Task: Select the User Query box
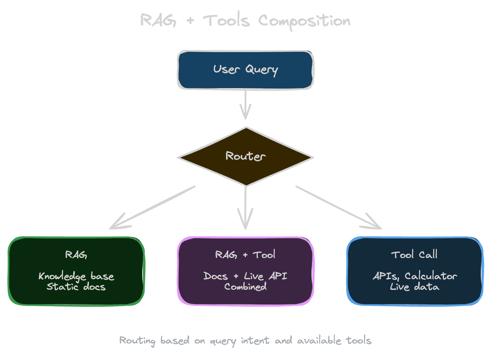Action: [x=245, y=70]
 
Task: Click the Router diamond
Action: [x=245, y=156]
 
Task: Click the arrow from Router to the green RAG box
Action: [x=152, y=208]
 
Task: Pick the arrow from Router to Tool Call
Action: [x=339, y=208]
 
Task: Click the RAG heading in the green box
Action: [x=76, y=255]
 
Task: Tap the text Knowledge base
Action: [x=76, y=277]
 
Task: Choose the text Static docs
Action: [x=76, y=287]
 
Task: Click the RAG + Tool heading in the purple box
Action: [x=245, y=255]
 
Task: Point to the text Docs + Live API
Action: [x=245, y=276]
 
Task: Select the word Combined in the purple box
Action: [x=245, y=287]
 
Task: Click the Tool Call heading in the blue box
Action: [x=414, y=255]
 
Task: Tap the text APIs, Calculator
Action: [x=415, y=277]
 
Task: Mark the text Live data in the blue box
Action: [x=414, y=287]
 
